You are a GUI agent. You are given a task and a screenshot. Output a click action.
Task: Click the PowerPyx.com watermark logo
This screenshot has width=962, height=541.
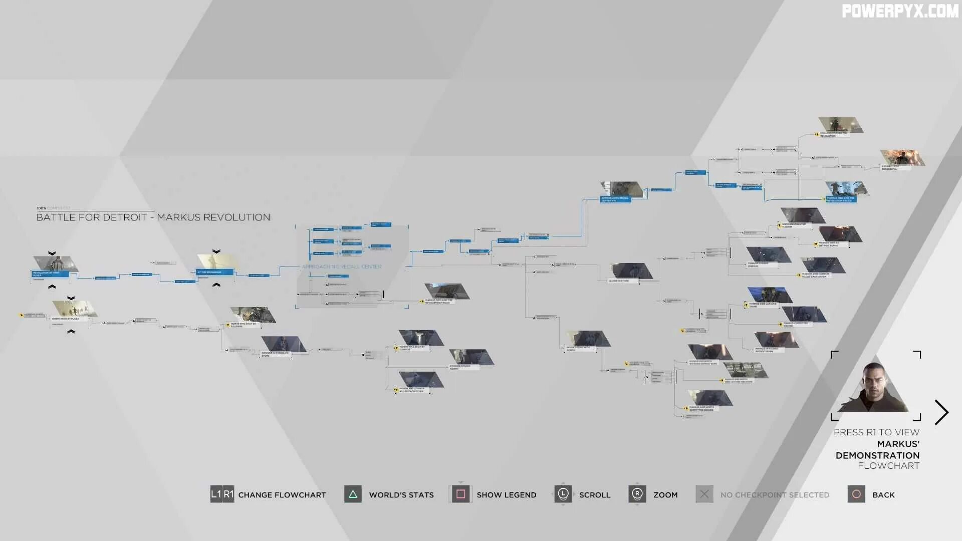pyautogui.click(x=900, y=11)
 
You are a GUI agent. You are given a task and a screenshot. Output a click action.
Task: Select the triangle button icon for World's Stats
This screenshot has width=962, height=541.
pyautogui.click(x=353, y=494)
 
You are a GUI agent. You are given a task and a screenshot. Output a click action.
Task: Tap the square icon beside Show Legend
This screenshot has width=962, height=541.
pyautogui.click(x=461, y=494)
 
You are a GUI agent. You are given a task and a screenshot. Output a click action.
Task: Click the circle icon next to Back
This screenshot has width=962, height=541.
pyautogui.click(x=856, y=494)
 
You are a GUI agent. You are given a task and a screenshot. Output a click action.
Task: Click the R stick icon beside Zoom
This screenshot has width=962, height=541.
pyautogui.click(x=637, y=494)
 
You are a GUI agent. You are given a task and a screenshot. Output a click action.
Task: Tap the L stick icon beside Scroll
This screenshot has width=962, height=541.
pyautogui.click(x=563, y=494)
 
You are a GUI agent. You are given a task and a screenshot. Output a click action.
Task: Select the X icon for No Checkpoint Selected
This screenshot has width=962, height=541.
pyautogui.click(x=704, y=494)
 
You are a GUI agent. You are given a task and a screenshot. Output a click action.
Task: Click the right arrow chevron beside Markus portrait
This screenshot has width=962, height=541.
pyautogui.click(x=941, y=412)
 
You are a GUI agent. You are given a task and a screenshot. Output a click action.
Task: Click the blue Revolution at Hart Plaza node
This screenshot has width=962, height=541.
pyautogui.click(x=50, y=274)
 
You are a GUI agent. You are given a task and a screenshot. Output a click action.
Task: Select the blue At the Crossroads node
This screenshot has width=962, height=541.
pyautogui.click(x=214, y=272)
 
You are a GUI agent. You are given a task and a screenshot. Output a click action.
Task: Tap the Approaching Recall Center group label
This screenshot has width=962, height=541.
pyautogui.click(x=342, y=266)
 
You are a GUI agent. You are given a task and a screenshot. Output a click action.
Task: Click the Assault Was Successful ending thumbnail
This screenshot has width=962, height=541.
pyautogui.click(x=902, y=157)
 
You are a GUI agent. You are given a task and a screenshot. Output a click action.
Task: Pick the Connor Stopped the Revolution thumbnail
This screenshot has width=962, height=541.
pyautogui.click(x=841, y=125)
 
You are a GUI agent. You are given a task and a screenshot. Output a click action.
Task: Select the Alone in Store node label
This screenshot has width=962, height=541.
pyautogui.click(x=619, y=281)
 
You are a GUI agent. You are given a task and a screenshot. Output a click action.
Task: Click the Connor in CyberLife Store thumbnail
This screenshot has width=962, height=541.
pyautogui.click(x=284, y=344)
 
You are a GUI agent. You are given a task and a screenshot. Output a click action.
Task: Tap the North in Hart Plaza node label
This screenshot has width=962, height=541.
pyautogui.click(x=66, y=319)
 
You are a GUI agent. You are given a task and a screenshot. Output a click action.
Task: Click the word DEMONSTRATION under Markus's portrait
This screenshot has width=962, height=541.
pyautogui.click(x=877, y=455)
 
